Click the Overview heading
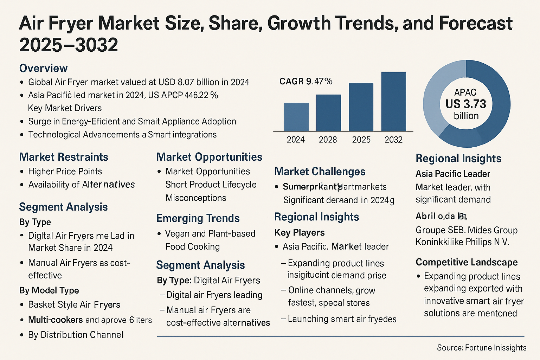[43, 68]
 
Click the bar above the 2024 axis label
[296, 117]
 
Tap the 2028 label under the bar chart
[328, 140]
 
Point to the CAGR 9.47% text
[306, 82]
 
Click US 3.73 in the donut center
[466, 104]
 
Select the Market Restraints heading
[64, 157]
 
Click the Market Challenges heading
[320, 172]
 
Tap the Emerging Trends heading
[198, 218]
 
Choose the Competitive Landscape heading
[467, 262]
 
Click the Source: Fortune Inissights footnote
[481, 348]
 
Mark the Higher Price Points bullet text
[65, 172]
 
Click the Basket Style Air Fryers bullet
[74, 305]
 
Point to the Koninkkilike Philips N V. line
[462, 242]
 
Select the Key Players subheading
[299, 233]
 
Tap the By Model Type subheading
[49, 290]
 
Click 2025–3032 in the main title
[69, 45]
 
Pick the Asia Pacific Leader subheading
[453, 174]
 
